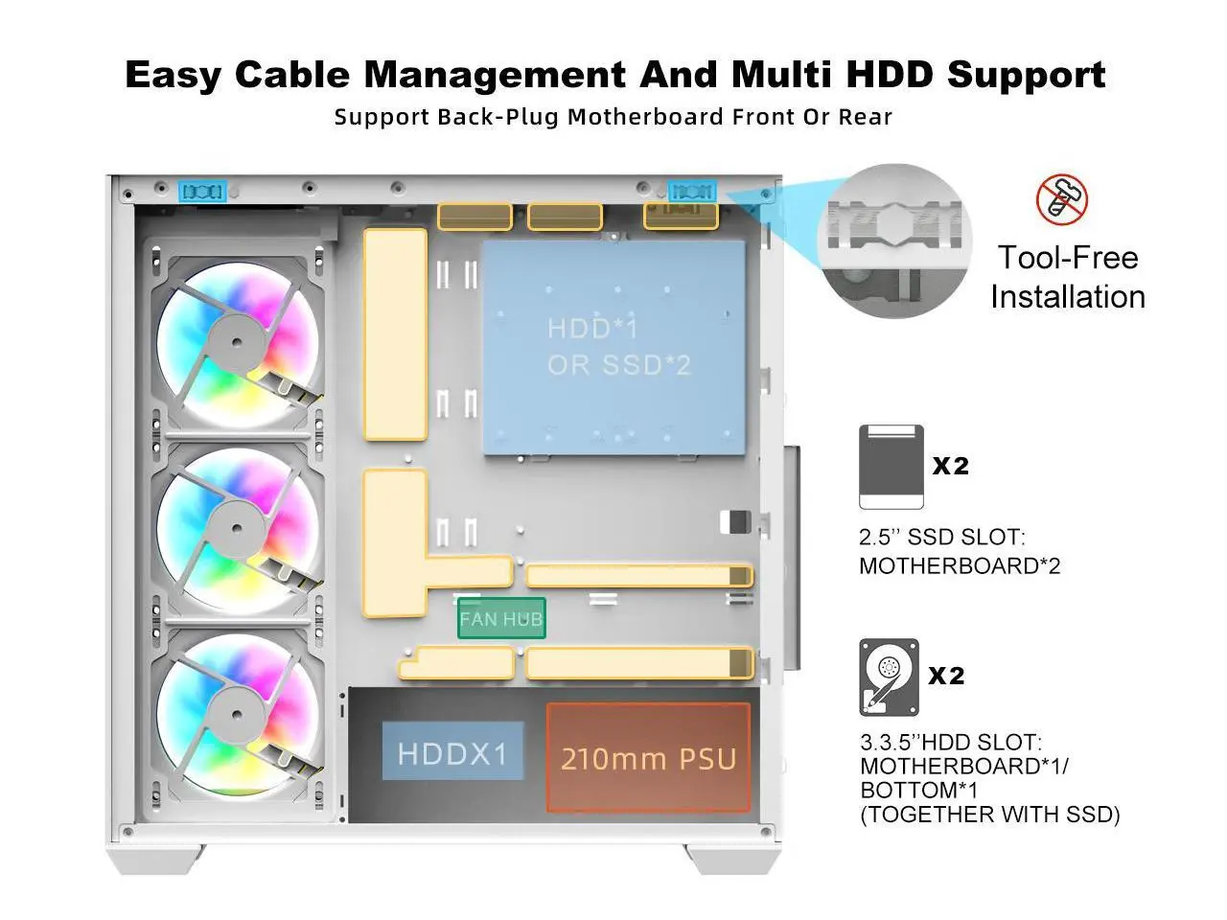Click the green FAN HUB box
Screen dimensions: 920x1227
[x=500, y=618]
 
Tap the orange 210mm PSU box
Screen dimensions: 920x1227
[x=648, y=758]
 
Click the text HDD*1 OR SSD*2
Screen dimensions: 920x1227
[x=617, y=347]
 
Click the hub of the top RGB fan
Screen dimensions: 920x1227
[x=234, y=336]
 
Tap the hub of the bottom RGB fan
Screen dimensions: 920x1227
[x=234, y=709]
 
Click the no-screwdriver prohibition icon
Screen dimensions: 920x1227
[x=1062, y=199]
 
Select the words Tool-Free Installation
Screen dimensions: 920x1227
[x=1067, y=277]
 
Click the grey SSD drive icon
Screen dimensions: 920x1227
[x=891, y=467]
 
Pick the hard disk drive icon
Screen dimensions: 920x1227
[x=890, y=677]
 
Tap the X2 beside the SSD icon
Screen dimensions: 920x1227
[x=951, y=466]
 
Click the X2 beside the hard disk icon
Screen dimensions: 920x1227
[x=946, y=676]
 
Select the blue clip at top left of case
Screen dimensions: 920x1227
[x=203, y=192]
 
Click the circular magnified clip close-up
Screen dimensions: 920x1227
[x=893, y=241]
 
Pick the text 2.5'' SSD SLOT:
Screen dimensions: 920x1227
[x=941, y=537]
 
